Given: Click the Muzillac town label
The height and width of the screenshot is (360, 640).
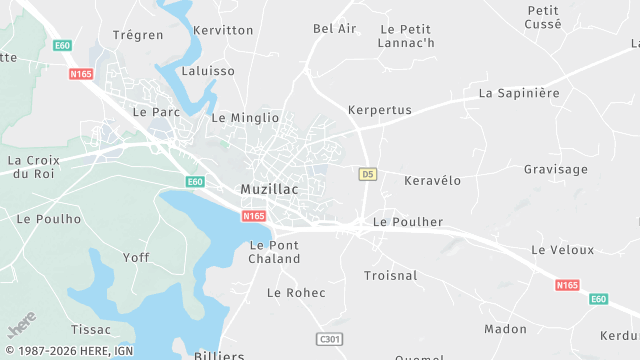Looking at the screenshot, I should click(x=271, y=189).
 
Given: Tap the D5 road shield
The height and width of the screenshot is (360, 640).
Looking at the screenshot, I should click(x=368, y=174).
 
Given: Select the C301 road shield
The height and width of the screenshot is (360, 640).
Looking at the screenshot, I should click(x=328, y=340).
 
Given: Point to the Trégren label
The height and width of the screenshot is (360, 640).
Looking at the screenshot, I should click(x=138, y=35).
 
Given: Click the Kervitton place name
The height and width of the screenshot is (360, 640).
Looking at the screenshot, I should click(x=223, y=30).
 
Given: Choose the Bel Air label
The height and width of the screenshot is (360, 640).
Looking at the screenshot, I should click(x=334, y=29).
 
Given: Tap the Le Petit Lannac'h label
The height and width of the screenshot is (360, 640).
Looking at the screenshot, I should click(x=406, y=36).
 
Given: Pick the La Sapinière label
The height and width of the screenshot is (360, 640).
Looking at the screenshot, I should click(x=519, y=93).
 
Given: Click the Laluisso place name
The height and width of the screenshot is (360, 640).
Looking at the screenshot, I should click(x=208, y=71).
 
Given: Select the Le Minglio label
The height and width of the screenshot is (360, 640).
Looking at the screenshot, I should click(x=245, y=117).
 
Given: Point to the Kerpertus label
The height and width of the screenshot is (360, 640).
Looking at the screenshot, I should click(x=379, y=110).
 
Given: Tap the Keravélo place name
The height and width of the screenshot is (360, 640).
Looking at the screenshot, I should click(x=432, y=181).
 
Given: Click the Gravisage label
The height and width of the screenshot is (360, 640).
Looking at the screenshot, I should click(x=556, y=169).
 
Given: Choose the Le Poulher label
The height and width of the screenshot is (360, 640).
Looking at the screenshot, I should click(x=407, y=222).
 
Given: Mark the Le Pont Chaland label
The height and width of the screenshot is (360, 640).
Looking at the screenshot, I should click(x=274, y=252).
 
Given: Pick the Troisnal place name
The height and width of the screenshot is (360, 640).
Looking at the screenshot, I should click(x=391, y=275).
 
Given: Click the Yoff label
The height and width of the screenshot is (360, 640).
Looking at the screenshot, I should click(x=136, y=258).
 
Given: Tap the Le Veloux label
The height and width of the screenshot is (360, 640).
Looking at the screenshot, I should click(x=562, y=250).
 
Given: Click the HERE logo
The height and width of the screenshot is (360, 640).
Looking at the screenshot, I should click(x=21, y=325).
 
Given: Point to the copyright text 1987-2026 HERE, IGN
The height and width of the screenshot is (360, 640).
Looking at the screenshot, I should click(x=69, y=351).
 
